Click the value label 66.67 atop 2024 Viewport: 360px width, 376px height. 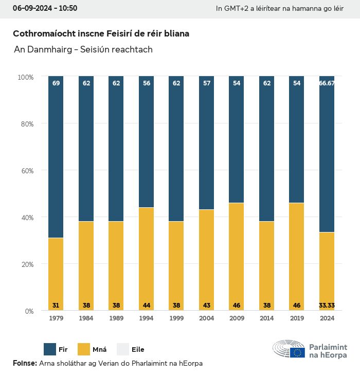point(327,83)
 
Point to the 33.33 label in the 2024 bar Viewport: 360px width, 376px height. point(327,306)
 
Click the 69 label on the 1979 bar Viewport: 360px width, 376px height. point(56,83)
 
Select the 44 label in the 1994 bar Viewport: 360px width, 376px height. point(147,306)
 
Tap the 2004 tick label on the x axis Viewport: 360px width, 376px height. point(206,318)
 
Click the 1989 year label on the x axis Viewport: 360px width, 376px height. point(116,318)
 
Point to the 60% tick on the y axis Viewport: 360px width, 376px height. point(26,171)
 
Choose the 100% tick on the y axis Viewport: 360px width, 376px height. point(25,77)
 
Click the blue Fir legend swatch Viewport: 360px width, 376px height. point(50,349)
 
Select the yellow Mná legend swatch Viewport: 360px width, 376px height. point(84,349)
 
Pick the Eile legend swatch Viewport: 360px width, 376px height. point(123,349)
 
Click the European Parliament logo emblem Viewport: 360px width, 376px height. point(289,349)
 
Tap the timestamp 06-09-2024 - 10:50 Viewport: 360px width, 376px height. point(45,8)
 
